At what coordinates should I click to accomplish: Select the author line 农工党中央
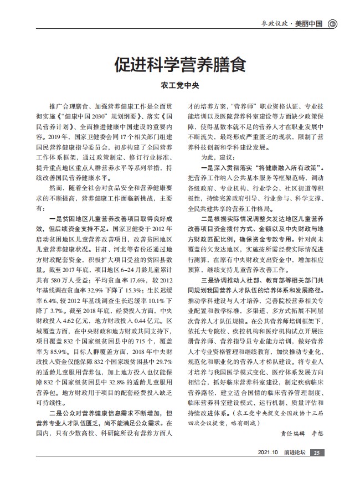point(179,86)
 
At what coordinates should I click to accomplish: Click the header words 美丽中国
point(309,23)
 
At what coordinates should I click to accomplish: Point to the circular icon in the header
point(332,23)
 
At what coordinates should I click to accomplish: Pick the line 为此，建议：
point(220,158)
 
